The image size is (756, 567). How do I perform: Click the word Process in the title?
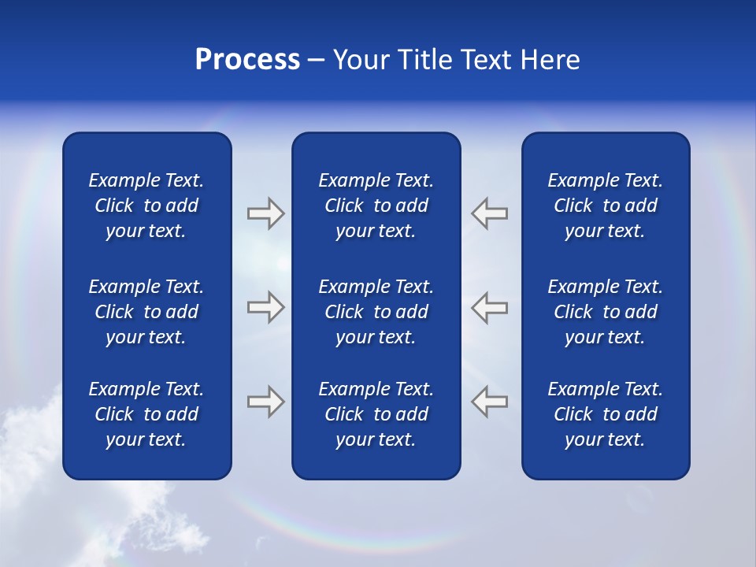tap(247, 60)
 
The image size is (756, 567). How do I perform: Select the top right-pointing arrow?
tap(265, 213)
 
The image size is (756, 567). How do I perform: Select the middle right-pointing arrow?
tap(265, 306)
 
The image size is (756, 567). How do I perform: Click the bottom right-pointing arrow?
tap(265, 402)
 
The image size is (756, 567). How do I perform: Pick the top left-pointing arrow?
tap(490, 213)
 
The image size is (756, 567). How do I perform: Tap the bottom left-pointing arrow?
tap(490, 401)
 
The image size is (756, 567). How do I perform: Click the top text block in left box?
tap(146, 206)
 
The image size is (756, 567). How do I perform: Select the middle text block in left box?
tap(146, 312)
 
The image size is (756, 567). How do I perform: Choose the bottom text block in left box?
tap(146, 414)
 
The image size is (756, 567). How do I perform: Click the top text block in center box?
tap(376, 206)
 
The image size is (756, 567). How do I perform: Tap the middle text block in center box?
tap(376, 312)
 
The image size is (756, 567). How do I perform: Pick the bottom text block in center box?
tap(376, 414)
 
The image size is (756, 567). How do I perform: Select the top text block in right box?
tap(606, 206)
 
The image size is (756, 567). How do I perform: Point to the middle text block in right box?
tap(606, 312)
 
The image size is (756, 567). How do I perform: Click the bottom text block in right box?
tap(606, 414)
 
